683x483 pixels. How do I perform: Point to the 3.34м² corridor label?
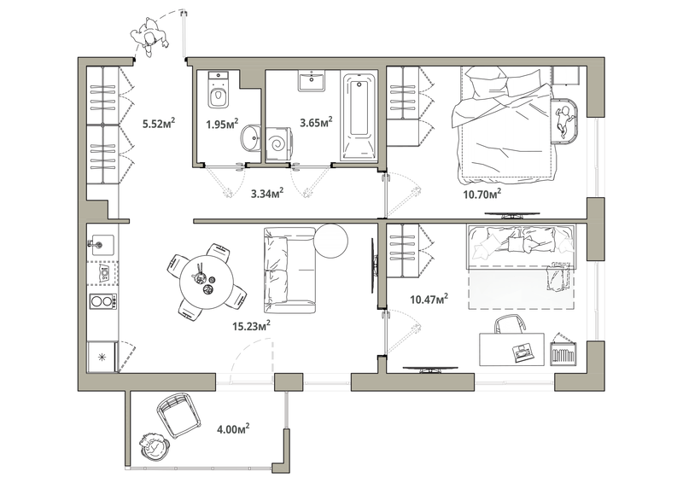tap(266, 194)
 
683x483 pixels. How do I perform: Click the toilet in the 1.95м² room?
tap(219, 92)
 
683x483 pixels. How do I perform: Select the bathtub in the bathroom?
tap(359, 117)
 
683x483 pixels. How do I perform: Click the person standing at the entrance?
tap(149, 38)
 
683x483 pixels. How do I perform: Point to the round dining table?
tap(204, 278)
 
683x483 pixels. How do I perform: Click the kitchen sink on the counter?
tap(101, 243)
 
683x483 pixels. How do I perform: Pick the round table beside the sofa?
tap(330, 239)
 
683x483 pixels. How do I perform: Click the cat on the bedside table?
tap(563, 120)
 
